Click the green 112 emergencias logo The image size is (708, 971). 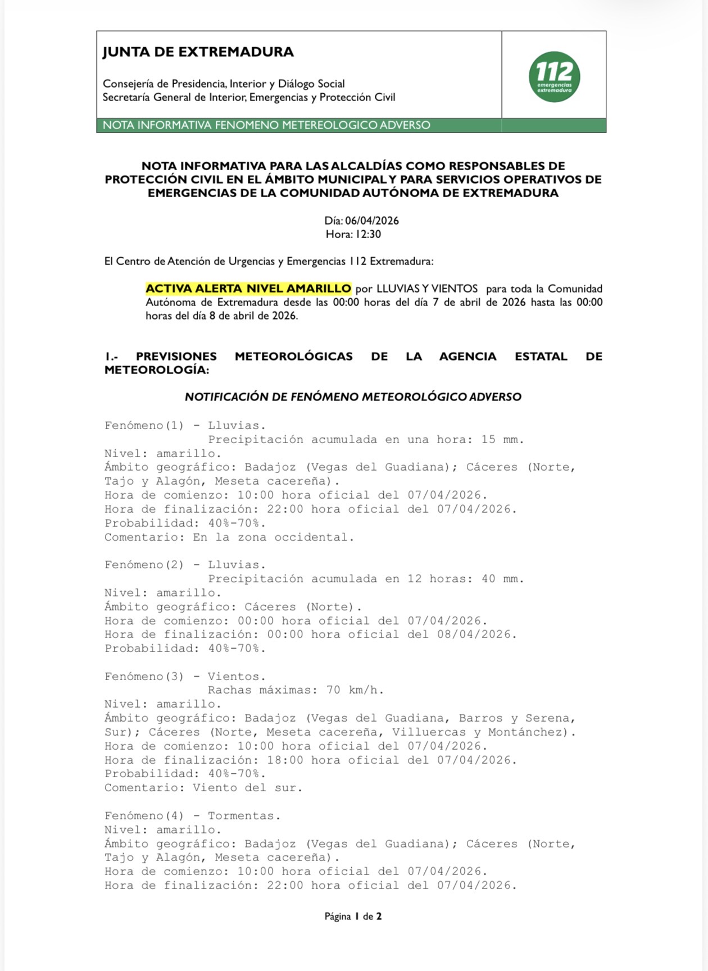click(x=554, y=77)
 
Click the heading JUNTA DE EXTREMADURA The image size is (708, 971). click(x=198, y=52)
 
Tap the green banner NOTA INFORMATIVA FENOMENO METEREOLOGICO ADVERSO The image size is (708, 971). click(x=266, y=125)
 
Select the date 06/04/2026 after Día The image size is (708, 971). click(x=372, y=221)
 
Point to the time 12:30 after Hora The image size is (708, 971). click(x=368, y=234)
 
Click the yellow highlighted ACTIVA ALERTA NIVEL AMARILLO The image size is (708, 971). click(x=248, y=289)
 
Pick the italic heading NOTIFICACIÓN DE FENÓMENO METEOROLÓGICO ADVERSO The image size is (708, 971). click(x=353, y=397)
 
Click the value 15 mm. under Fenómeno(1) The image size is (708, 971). click(x=502, y=439)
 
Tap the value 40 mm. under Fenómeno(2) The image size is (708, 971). click(x=502, y=578)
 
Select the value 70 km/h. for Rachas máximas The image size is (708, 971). click(x=355, y=690)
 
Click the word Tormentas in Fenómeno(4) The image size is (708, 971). click(x=244, y=815)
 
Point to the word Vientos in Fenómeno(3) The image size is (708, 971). click(x=237, y=676)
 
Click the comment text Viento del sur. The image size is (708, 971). click(x=247, y=787)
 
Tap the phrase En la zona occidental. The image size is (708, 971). click(x=274, y=537)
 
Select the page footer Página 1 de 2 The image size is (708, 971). click(x=353, y=917)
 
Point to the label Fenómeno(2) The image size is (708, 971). click(x=144, y=564)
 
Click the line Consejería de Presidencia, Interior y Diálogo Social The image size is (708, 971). click(x=224, y=84)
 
